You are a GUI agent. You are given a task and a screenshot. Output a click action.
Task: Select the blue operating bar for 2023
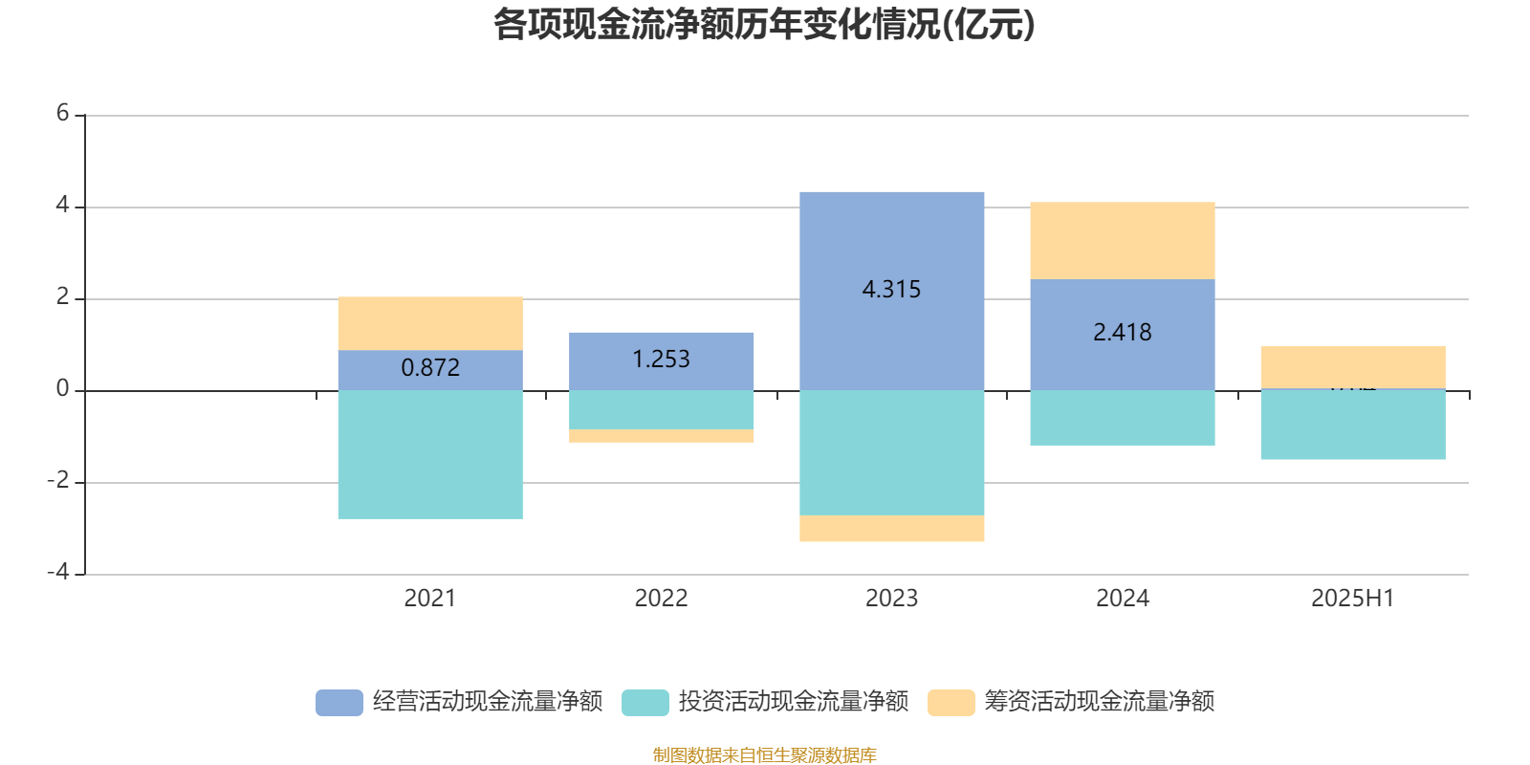(x=891, y=239)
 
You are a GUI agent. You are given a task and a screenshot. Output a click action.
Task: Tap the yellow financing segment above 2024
(x=1122, y=240)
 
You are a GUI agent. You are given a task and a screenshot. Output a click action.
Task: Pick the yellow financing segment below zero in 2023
(x=891, y=529)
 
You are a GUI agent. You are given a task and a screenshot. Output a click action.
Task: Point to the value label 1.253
(x=661, y=360)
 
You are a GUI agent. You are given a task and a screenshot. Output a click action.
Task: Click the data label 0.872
(x=430, y=368)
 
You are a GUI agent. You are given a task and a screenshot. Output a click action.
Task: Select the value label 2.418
(x=1122, y=333)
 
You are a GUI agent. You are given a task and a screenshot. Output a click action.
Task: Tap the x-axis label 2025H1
(x=1352, y=599)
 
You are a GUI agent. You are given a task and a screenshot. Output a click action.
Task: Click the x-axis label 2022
(x=661, y=599)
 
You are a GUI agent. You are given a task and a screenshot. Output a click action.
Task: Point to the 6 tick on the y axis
(x=62, y=114)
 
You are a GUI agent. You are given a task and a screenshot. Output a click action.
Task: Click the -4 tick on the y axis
(x=58, y=572)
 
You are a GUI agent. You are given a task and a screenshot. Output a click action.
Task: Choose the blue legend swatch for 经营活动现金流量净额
(x=339, y=702)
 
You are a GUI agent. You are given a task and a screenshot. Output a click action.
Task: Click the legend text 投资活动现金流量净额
(x=793, y=702)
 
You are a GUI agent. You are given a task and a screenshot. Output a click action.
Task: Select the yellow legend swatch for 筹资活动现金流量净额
(x=951, y=702)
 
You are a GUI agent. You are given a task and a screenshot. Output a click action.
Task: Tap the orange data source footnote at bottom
(x=764, y=755)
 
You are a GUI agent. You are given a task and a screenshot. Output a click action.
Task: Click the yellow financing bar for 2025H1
(x=1352, y=366)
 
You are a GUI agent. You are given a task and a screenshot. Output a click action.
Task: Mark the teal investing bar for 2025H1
(x=1352, y=426)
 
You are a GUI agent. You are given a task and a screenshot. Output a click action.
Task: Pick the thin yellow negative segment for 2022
(x=661, y=436)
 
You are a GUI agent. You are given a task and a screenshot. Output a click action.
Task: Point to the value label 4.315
(x=891, y=290)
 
